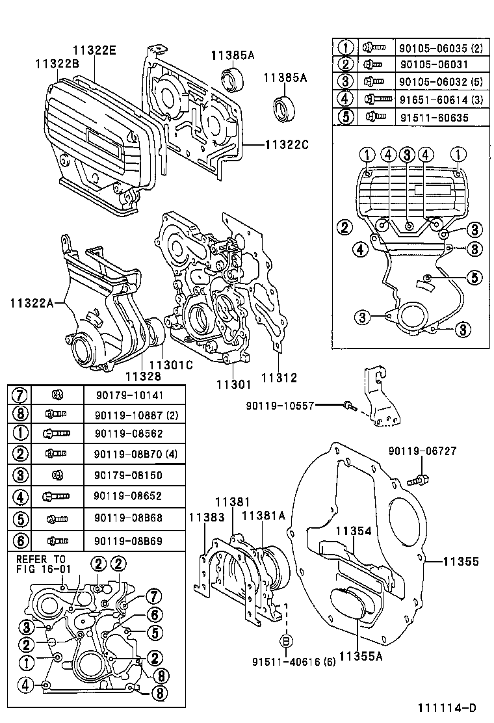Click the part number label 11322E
[94, 50]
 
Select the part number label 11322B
[57, 63]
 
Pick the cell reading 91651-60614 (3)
[432, 99]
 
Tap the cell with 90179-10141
[120, 395]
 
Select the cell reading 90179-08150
[120, 475]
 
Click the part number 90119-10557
[280, 406]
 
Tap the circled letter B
[285, 641]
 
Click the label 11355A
[360, 656]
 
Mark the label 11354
[354, 531]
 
